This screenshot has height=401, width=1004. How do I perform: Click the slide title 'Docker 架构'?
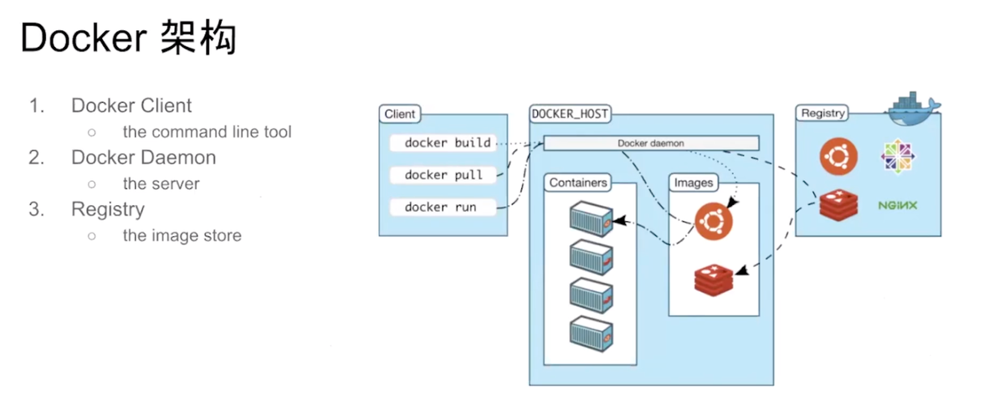[x=128, y=39]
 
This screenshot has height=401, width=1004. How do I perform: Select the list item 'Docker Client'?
[x=131, y=105]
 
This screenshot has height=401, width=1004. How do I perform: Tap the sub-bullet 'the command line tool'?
[x=207, y=131]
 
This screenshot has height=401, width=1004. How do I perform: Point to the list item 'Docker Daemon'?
[x=143, y=157]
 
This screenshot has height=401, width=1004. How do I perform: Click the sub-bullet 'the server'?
[x=161, y=183]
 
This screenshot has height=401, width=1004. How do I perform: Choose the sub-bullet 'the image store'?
[x=182, y=235]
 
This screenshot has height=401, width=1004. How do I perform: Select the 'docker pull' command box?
[x=443, y=175]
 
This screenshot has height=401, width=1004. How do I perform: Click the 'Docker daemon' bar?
[x=651, y=143]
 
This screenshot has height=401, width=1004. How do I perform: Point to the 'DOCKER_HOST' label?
[x=571, y=113]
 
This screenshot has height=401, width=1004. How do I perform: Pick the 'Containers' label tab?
[x=578, y=183]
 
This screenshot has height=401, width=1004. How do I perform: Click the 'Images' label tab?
[x=693, y=183]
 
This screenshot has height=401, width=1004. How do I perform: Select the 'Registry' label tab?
[x=822, y=113]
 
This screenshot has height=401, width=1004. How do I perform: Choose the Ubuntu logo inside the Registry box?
[x=837, y=157]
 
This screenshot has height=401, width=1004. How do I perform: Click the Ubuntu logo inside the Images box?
[x=713, y=222]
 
